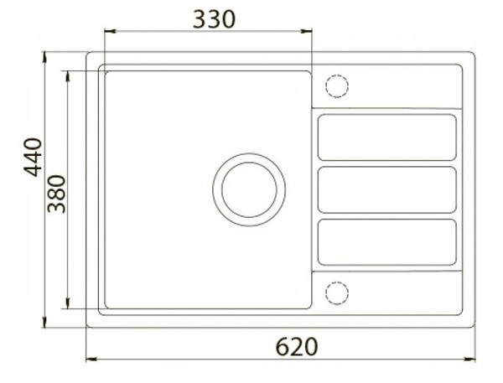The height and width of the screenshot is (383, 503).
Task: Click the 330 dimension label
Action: pos(214,19)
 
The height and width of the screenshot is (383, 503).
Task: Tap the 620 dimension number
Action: pos(297,346)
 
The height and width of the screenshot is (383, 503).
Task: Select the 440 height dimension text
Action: pos(34,158)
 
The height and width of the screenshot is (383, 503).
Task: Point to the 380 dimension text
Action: pos(56,194)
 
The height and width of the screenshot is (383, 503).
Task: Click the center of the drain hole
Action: pos(249,189)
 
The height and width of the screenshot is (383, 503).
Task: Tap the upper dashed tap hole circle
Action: pos(337,86)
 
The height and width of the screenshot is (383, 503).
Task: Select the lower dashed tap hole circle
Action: pos(337,293)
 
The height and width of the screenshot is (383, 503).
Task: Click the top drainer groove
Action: pos(386,137)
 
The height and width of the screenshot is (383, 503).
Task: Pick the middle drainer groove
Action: pos(386,189)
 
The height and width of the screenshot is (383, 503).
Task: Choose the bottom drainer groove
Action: pos(386,242)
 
